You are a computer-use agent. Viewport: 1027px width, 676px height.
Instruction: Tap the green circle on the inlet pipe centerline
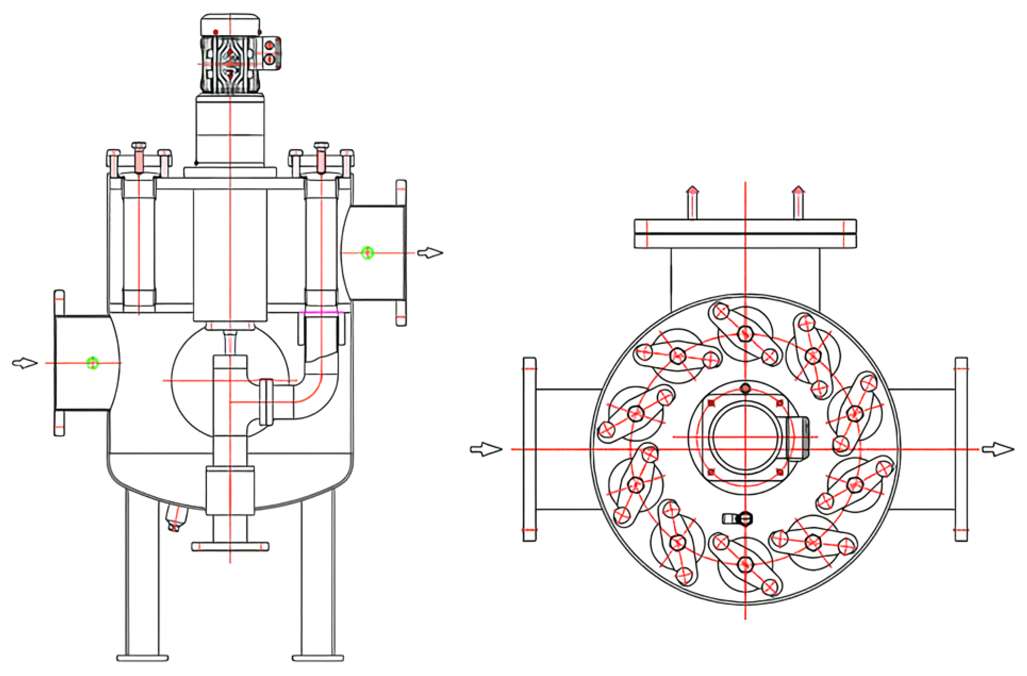click(92, 363)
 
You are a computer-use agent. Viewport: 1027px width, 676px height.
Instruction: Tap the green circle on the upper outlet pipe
click(367, 253)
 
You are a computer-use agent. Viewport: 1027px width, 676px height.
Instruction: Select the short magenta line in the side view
click(321, 312)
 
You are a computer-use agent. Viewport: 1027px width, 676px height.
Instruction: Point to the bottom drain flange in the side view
click(230, 547)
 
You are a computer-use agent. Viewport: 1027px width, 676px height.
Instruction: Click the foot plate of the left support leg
click(143, 658)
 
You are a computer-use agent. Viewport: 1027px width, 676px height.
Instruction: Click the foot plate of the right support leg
click(318, 658)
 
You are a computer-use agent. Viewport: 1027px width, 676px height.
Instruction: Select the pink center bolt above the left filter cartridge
click(139, 160)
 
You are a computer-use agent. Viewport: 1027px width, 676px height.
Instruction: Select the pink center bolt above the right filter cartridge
click(321, 160)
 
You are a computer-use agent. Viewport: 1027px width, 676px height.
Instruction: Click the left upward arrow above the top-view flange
click(692, 202)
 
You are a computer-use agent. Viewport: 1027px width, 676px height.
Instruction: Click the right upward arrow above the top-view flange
click(798, 202)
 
